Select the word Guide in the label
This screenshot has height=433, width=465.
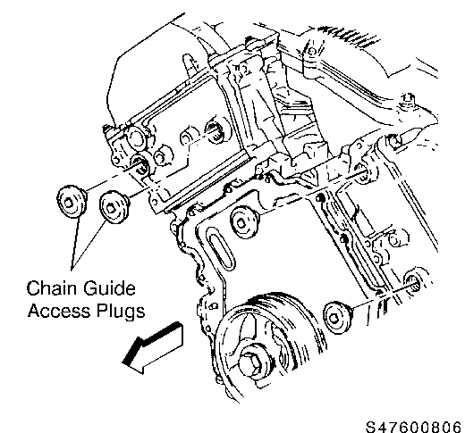pyautogui.click(x=109, y=287)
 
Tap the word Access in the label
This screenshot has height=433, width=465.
pyautogui.click(x=59, y=311)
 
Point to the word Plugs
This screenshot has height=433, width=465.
pyautogui.click(x=121, y=312)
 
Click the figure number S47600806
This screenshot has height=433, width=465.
pyautogui.click(x=414, y=427)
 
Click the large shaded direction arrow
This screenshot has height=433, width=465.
pyautogui.click(x=154, y=347)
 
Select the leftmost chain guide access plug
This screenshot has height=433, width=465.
pyautogui.click(x=72, y=202)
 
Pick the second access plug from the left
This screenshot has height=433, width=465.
pyautogui.click(x=114, y=207)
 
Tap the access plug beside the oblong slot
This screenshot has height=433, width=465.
pyautogui.click(x=244, y=221)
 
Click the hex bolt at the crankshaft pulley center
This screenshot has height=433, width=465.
pyautogui.click(x=253, y=364)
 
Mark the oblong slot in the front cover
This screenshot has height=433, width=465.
pyautogui.click(x=220, y=248)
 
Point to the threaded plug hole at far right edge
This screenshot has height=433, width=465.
pyautogui.click(x=415, y=280)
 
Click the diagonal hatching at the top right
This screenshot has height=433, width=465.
pyautogui.click(x=346, y=37)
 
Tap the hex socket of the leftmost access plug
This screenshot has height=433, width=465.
pyautogui.click(x=69, y=204)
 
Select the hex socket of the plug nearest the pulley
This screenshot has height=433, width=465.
pyautogui.click(x=334, y=319)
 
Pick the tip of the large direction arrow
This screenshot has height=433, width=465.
pyautogui.click(x=123, y=362)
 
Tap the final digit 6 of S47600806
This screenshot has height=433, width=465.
pyautogui.click(x=457, y=427)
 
